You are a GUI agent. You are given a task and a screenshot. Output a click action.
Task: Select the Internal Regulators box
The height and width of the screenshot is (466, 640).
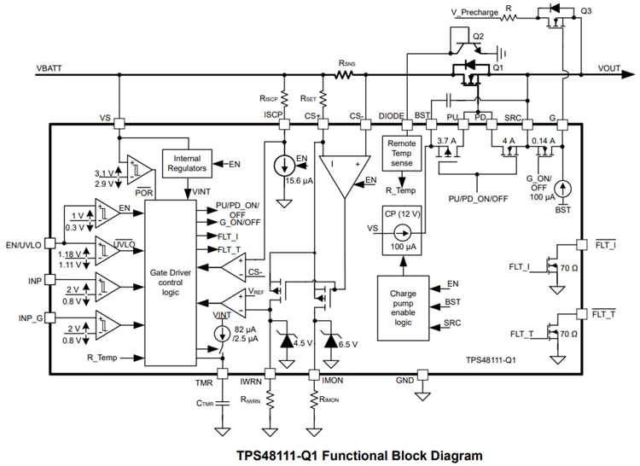point(187,163)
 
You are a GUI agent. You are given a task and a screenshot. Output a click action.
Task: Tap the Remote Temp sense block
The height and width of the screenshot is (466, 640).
point(400,154)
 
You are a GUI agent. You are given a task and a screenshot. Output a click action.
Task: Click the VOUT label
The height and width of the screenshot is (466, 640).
point(609,67)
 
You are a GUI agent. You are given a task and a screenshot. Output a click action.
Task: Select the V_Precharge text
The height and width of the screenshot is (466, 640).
point(474,12)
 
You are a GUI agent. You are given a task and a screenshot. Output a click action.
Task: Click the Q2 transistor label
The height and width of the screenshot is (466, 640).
point(478,37)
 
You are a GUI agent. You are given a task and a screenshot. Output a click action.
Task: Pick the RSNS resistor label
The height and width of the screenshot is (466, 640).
point(347,63)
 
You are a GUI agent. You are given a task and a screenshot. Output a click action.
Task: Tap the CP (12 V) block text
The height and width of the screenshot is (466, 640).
point(399,214)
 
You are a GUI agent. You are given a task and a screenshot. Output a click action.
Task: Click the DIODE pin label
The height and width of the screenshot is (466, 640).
point(393,115)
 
